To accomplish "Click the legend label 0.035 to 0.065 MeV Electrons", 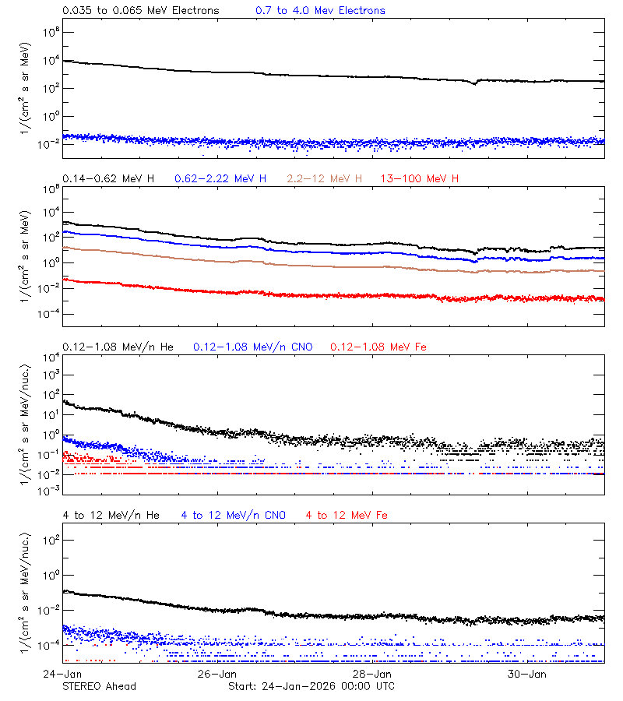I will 141,11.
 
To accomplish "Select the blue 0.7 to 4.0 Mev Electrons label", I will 320,11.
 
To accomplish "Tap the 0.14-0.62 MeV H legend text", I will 108,179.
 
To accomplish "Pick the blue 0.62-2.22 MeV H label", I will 220,179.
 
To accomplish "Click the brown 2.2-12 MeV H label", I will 325,179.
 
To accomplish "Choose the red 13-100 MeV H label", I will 420,179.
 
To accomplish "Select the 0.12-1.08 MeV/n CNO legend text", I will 253,347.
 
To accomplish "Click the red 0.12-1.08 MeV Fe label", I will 378,347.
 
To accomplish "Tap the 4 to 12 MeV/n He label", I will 111,516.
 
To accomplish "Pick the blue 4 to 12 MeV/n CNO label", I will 234,516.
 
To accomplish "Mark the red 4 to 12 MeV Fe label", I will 347,516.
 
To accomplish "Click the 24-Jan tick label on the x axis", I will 63,674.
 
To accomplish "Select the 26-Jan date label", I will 217,674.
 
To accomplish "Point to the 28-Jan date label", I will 372,674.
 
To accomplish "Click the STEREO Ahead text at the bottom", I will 99,686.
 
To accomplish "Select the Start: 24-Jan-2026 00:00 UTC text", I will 311,686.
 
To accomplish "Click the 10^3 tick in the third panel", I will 50,375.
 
